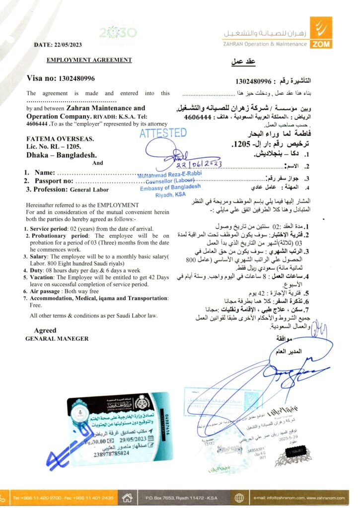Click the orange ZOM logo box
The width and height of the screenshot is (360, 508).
321,32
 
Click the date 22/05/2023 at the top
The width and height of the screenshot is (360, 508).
73,45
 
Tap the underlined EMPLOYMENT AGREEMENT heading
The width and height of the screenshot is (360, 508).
89,61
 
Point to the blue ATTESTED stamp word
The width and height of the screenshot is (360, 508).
163,133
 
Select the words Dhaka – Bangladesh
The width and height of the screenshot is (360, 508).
62,155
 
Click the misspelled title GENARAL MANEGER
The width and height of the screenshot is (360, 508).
57,338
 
